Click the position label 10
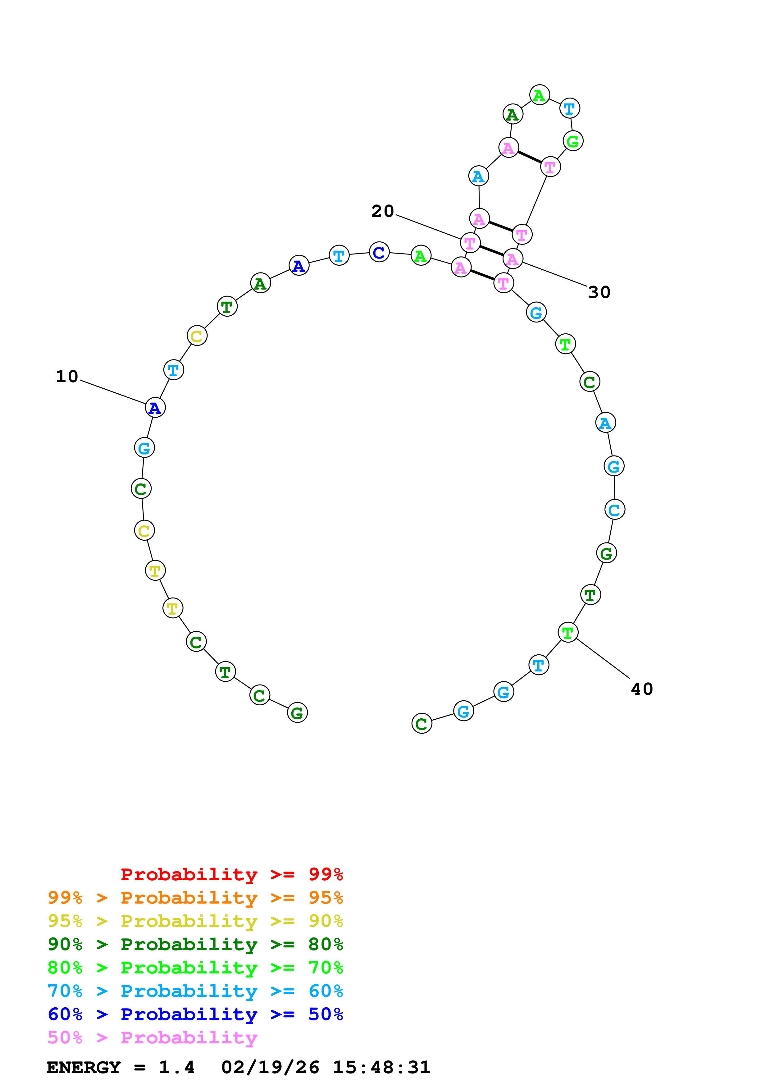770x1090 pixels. click(67, 377)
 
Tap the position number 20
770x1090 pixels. click(382, 211)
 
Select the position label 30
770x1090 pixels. click(599, 292)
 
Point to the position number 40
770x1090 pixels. click(642, 689)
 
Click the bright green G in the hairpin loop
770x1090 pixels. click(573, 141)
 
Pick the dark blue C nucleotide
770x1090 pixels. click(379, 252)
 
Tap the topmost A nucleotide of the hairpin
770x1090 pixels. click(540, 95)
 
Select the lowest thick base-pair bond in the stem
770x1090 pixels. click(482, 275)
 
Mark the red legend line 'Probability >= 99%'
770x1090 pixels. click(231, 874)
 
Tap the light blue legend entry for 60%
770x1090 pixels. click(195, 991)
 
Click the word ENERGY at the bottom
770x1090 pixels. click(84, 1067)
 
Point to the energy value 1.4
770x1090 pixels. click(176, 1067)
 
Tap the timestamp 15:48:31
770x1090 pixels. click(381, 1067)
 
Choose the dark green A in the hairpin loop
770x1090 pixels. click(513, 114)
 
